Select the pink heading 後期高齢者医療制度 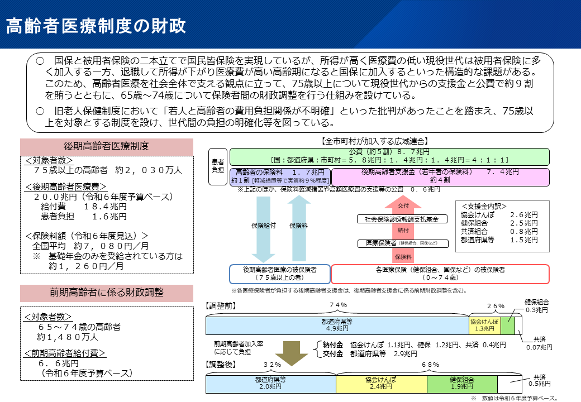(x=106, y=146)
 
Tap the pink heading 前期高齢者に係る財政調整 (x=106, y=293)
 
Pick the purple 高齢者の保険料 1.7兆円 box (x=280, y=176)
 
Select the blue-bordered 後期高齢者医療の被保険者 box (x=279, y=274)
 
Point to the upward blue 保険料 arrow (x=299, y=226)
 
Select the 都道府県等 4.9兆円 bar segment (x=337, y=325)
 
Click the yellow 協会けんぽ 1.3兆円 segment (x=484, y=325)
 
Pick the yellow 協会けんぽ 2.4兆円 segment (x=381, y=383)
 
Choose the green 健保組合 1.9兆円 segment (x=462, y=383)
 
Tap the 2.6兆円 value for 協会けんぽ (x=523, y=214)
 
